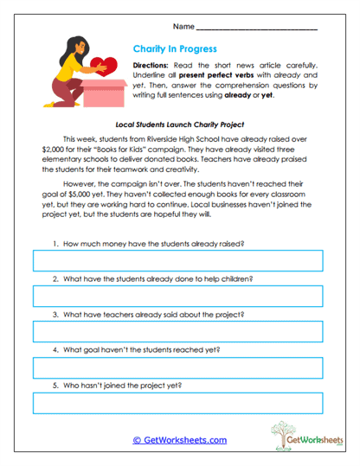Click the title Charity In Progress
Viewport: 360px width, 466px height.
click(175, 49)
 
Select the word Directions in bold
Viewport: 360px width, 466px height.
click(152, 66)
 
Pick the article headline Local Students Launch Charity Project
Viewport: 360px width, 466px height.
click(180, 124)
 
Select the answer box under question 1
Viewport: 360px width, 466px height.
click(177, 261)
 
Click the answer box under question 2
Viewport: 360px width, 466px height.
click(177, 297)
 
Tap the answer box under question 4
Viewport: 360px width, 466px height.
click(177, 367)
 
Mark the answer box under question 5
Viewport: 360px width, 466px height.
click(177, 403)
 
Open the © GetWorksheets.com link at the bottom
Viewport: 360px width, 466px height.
click(179, 440)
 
